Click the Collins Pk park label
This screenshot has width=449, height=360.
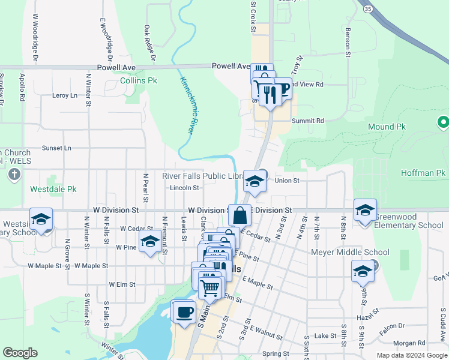point(139,80)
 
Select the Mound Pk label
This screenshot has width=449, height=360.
point(387,127)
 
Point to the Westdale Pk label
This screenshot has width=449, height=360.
point(53,189)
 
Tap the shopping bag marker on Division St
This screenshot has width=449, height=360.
point(240,215)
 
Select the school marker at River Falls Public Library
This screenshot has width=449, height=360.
point(255,182)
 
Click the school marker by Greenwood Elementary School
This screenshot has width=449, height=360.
point(365,211)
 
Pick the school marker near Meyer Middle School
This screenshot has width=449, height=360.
point(363,271)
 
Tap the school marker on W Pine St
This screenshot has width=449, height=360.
point(150,242)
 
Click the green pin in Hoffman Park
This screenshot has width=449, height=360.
point(444,122)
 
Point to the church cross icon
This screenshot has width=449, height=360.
point(15,175)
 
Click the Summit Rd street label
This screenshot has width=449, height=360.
point(307,121)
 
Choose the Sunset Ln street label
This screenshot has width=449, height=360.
point(56,148)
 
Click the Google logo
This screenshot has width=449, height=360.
point(20,353)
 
